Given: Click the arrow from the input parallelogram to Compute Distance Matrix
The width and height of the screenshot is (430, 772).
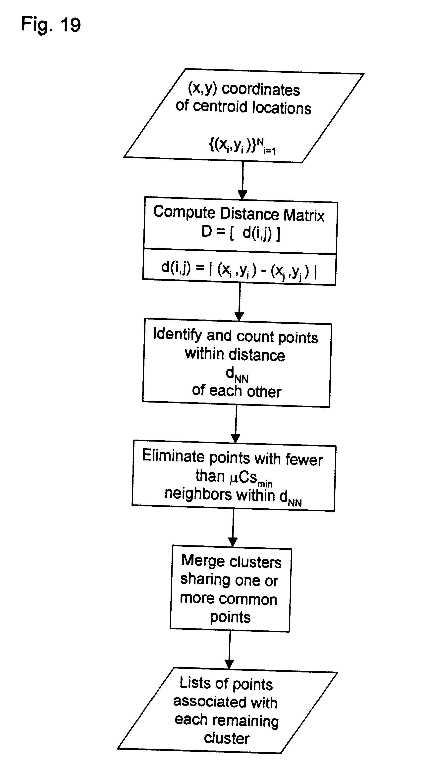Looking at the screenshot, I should pos(242,180).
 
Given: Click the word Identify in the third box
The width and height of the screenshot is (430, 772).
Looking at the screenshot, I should pos(177,334).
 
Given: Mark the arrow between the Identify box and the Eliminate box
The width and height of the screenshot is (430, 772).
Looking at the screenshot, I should pos(236,424).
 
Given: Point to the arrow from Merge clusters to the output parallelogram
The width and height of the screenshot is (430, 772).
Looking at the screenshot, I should pos(230,650).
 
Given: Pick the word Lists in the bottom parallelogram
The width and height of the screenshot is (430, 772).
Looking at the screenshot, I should pos(195,683).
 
